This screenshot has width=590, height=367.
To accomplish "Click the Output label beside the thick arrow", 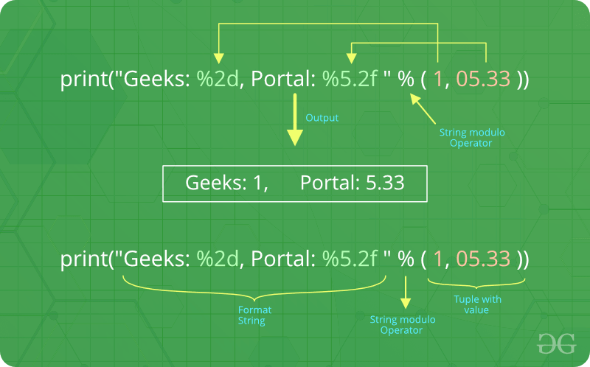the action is click(x=322, y=118).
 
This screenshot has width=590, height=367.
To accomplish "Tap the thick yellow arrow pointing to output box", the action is click(x=295, y=119).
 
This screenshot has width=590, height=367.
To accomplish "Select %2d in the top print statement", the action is click(x=218, y=79).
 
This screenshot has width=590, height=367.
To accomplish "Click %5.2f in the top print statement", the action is click(x=350, y=79).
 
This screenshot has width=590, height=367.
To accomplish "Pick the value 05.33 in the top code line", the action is click(x=483, y=79).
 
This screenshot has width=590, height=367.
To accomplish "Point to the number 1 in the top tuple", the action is click(x=438, y=79).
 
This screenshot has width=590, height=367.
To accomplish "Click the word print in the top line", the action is click(x=84, y=80).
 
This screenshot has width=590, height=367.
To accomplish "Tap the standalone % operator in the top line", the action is click(x=406, y=79).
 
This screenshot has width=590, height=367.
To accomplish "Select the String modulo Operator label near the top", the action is click(x=472, y=138).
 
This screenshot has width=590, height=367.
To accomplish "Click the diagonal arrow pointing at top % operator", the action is click(x=423, y=108).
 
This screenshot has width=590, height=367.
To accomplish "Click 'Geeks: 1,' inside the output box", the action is click(x=226, y=183).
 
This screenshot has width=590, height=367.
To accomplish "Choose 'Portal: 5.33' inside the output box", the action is click(x=353, y=183).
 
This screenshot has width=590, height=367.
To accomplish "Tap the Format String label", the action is click(x=254, y=315).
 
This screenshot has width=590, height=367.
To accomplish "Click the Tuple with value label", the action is click(x=477, y=304).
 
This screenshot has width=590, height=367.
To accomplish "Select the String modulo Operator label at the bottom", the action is click(x=402, y=325).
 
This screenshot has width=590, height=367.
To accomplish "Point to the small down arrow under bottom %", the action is click(x=406, y=292).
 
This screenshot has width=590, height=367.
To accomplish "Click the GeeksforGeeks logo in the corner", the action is click(x=556, y=343).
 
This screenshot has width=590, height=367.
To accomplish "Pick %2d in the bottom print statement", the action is click(x=218, y=259).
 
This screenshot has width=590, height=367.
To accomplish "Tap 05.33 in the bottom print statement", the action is click(x=483, y=259).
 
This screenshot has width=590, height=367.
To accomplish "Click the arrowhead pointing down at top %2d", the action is click(x=218, y=58).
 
